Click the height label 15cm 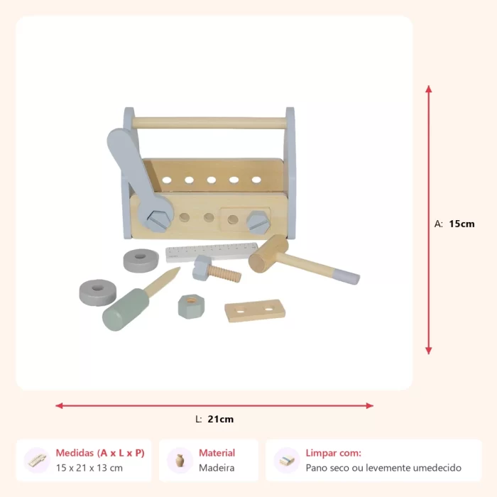click(x=461, y=224)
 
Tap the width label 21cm click(x=221, y=419)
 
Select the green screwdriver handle click(x=125, y=310)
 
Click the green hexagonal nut click(x=191, y=306)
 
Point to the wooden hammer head click(x=268, y=253)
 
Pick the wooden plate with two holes click(x=255, y=310)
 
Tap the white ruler click(x=212, y=252)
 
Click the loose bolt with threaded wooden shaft click(x=217, y=269)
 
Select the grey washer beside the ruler click(x=141, y=261)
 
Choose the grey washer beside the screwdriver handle click(x=98, y=293)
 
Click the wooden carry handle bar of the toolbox click(x=209, y=123)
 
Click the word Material click(x=217, y=453)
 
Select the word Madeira click(x=217, y=468)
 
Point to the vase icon click(x=180, y=461)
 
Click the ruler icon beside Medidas click(x=37, y=461)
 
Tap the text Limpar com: click(x=334, y=453)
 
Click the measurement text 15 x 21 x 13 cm click(x=89, y=468)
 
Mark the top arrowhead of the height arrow click(x=429, y=89)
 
